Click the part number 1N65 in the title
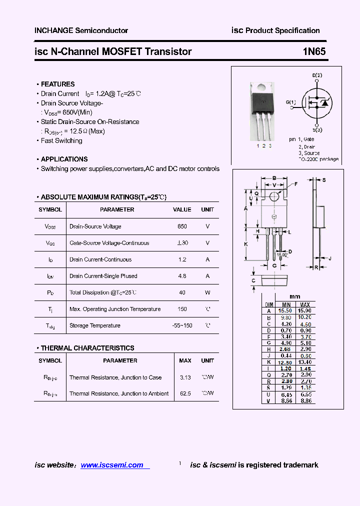coord(314,51)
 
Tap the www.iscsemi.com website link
coord(112,465)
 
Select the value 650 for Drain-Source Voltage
coord(182,226)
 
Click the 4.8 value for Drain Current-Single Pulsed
coord(182,276)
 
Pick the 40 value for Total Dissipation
coord(182,292)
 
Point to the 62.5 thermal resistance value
coord(185,393)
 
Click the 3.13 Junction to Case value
coord(185,377)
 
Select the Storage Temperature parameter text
coord(95,325)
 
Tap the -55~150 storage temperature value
coord(182,325)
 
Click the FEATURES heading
coord(57,84)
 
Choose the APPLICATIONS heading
coord(64,159)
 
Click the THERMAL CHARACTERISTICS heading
coord(87,348)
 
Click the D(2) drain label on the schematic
coord(317,75)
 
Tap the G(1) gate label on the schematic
coord(291,102)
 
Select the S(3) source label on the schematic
coord(317,129)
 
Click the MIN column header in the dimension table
coord(286,304)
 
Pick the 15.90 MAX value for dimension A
coord(305,310)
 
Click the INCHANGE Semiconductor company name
coord(81,30)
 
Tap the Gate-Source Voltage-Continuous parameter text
coord(109,243)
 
